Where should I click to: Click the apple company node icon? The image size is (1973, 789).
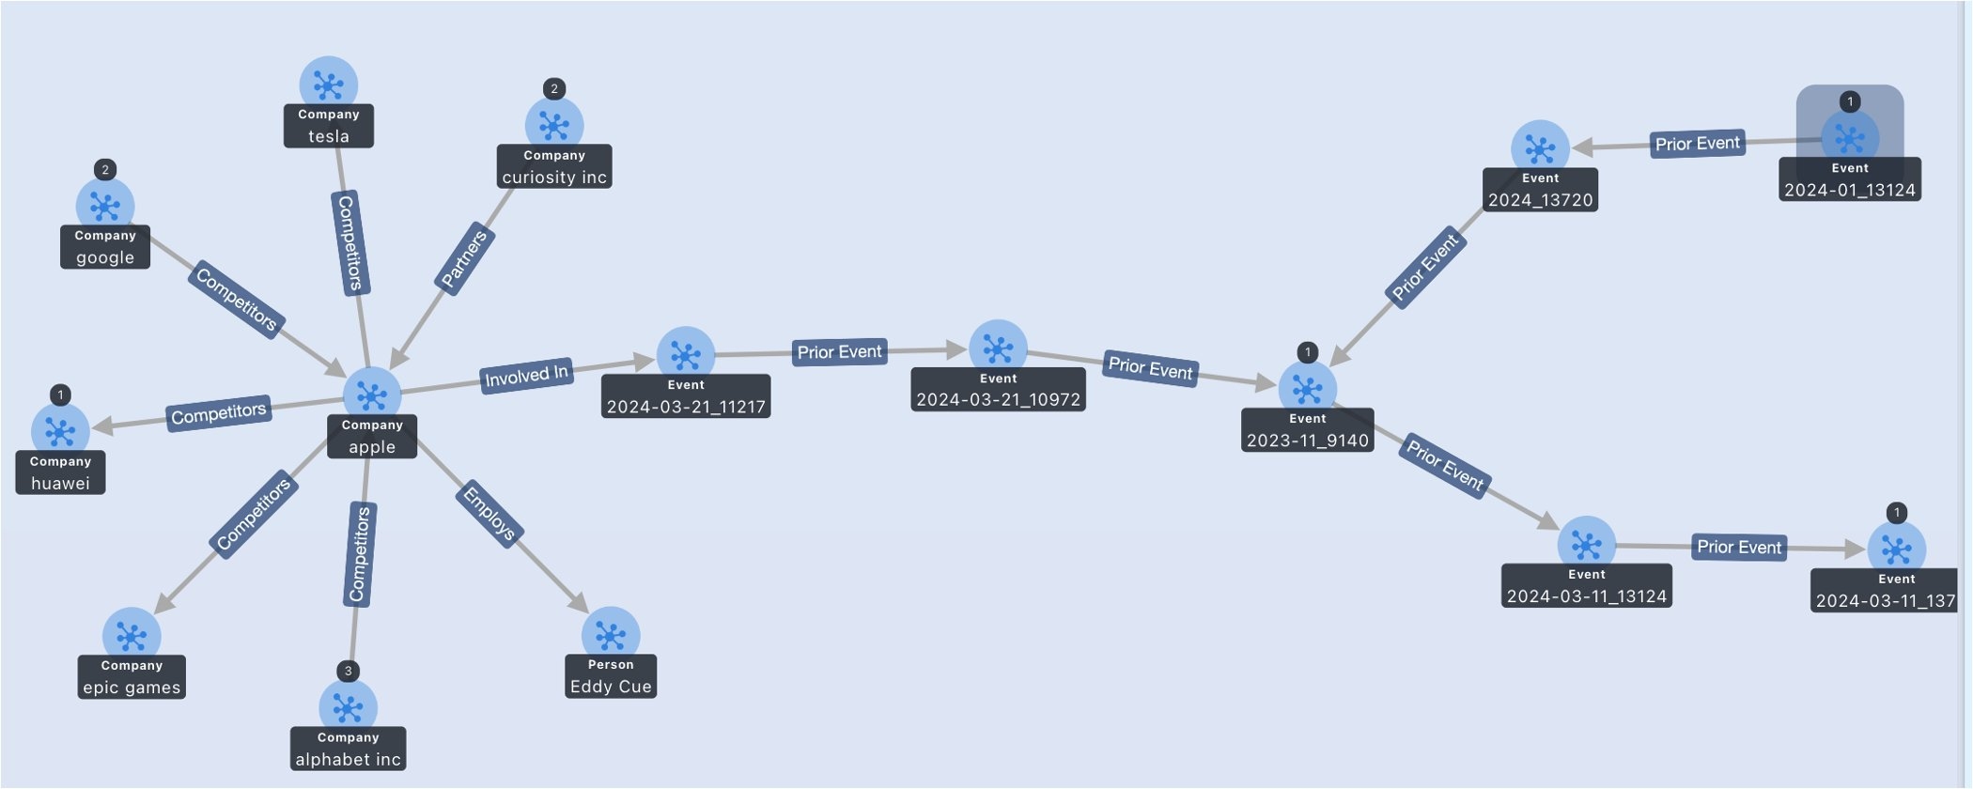click(x=372, y=395)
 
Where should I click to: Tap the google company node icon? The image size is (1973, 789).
click(x=105, y=206)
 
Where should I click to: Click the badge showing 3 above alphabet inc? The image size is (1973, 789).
click(x=349, y=671)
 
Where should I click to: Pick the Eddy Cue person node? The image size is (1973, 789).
click(x=611, y=635)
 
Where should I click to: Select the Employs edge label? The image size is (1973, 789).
click(x=489, y=513)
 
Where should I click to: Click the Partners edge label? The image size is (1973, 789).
click(x=465, y=259)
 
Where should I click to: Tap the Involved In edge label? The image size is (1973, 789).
click(x=526, y=376)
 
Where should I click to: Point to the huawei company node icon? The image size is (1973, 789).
click(x=60, y=431)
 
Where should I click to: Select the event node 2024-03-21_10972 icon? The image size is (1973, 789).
click(x=998, y=348)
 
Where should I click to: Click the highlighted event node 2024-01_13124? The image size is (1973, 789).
click(x=1850, y=138)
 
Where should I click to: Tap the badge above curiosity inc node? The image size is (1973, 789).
click(x=554, y=88)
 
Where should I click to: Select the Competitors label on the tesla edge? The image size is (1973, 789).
click(x=350, y=242)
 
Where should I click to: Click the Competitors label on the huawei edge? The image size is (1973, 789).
click(x=219, y=413)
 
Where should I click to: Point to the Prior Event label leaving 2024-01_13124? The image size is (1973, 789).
click(x=1698, y=144)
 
